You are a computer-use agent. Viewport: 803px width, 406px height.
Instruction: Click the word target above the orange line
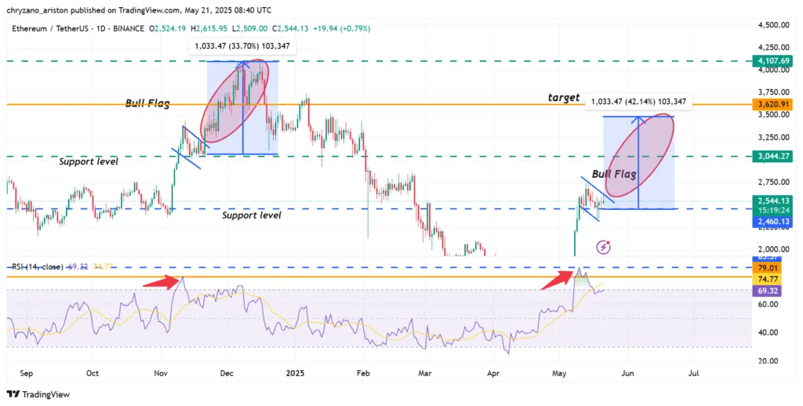(x=564, y=98)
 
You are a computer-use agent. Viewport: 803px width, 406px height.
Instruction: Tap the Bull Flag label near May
(x=614, y=173)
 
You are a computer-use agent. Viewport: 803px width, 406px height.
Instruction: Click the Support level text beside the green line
(x=89, y=161)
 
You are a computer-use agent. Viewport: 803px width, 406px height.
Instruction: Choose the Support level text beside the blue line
(x=251, y=215)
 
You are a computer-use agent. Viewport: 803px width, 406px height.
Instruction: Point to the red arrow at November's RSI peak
(x=167, y=283)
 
